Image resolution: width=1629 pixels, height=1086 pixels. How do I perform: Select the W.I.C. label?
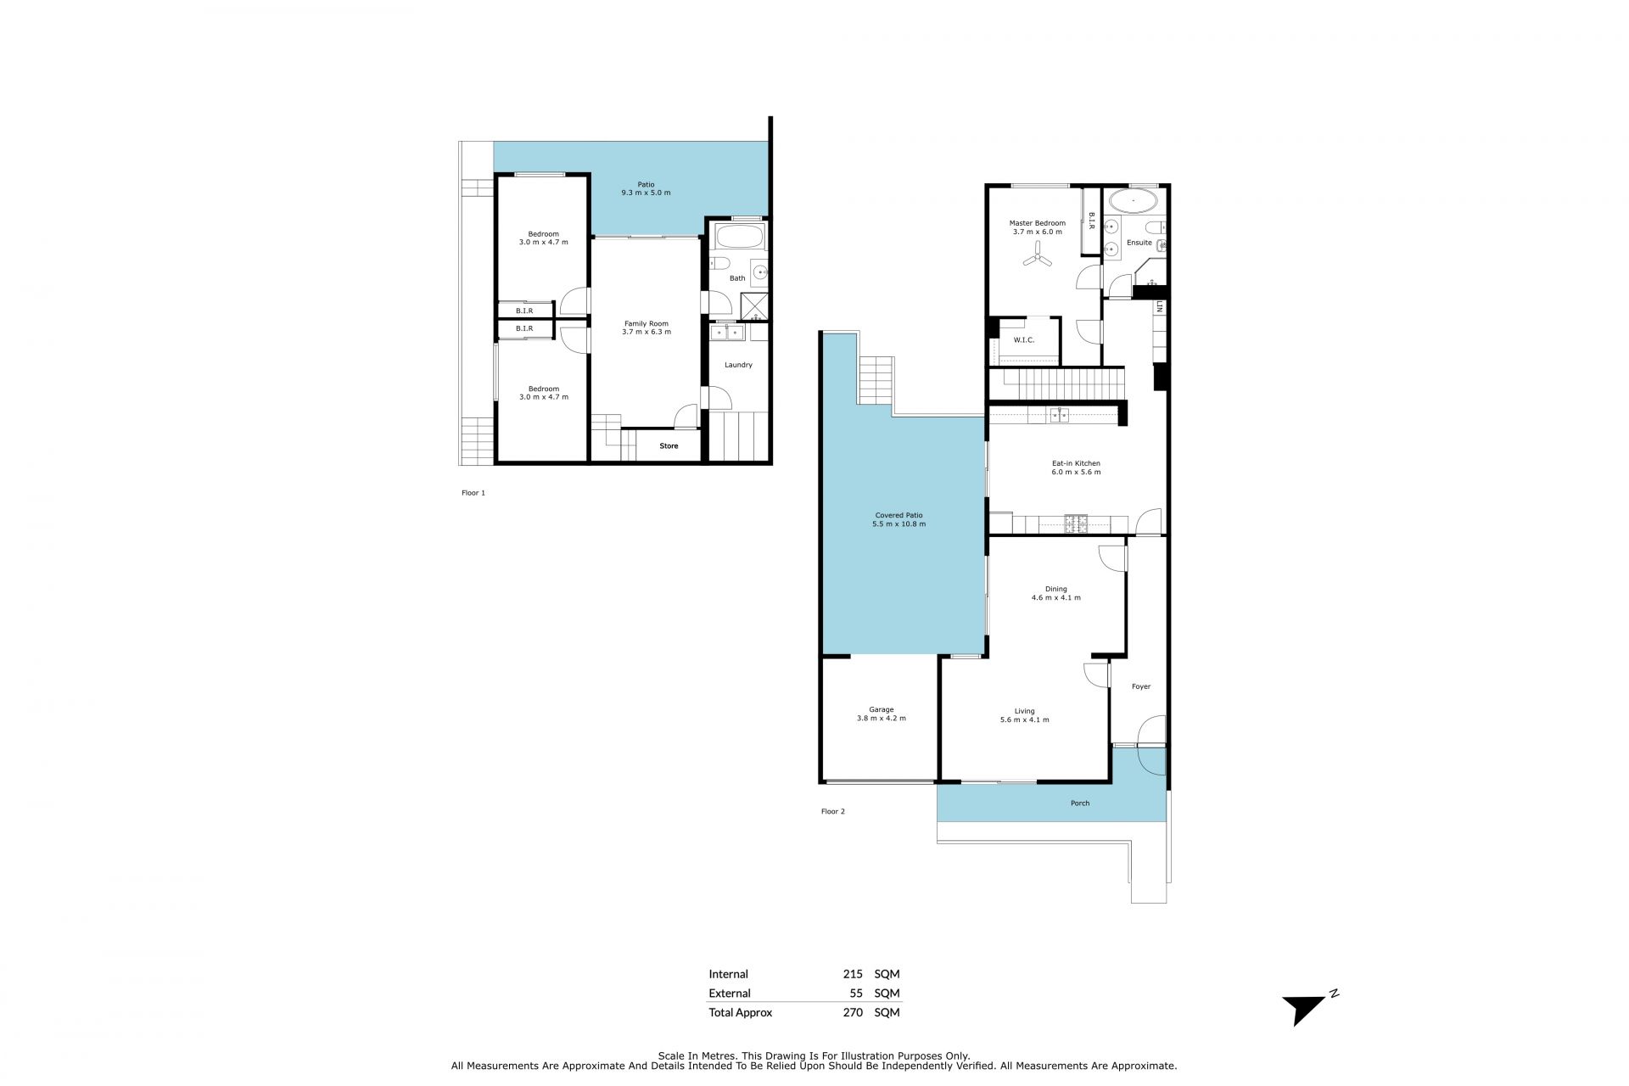coord(1023,340)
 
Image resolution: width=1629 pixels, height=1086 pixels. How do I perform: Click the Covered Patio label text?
coord(898,515)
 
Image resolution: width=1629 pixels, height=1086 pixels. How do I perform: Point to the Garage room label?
coord(881,709)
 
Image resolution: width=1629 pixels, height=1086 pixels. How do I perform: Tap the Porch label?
coord(1080,803)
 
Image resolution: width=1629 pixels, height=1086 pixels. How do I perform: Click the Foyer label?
coord(1141,686)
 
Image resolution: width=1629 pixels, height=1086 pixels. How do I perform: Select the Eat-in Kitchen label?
coord(1076,463)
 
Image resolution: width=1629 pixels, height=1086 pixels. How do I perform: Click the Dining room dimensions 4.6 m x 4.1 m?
coord(1055,598)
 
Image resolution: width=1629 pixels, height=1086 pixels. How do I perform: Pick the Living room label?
coord(1024,711)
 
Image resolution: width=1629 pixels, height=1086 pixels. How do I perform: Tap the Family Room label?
coord(647,323)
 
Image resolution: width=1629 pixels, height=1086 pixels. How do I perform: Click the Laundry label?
coord(738,365)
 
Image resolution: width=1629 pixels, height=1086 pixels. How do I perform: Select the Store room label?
coord(669,445)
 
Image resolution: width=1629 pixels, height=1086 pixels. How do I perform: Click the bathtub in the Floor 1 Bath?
coord(737,236)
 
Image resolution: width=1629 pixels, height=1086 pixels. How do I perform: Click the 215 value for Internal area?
coord(853,974)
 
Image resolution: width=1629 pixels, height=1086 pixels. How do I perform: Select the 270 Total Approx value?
coord(853,1012)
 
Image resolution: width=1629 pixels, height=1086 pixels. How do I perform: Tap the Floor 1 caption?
coord(473,493)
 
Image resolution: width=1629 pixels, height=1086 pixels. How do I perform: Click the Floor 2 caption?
coord(832,812)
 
